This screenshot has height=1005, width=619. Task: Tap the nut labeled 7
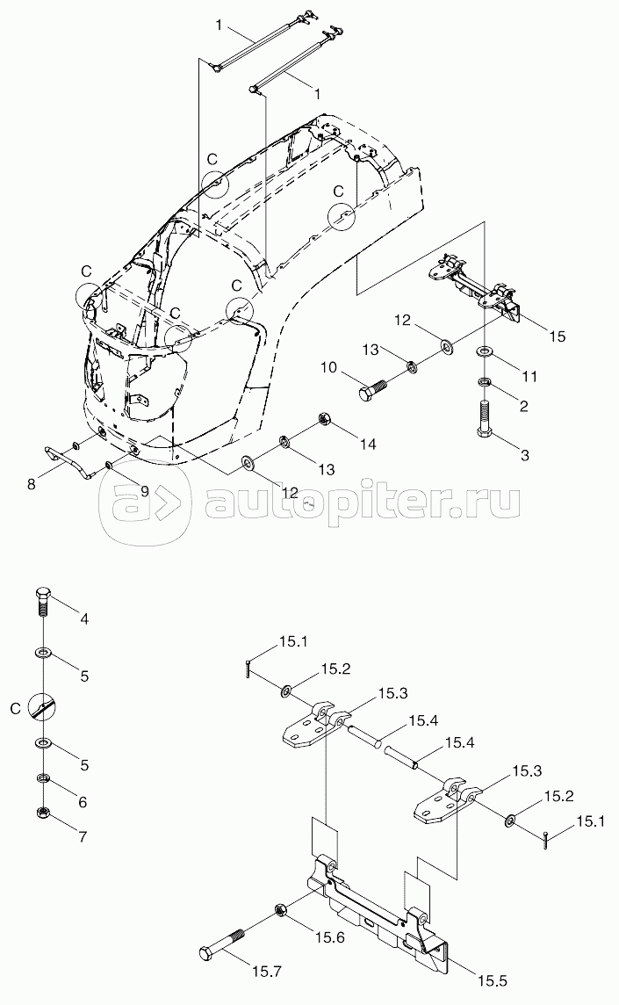pos(42,813)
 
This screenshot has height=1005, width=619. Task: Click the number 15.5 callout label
pos(493,981)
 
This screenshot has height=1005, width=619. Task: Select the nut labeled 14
pos(324,420)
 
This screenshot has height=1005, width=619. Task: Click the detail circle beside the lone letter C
pos(42,708)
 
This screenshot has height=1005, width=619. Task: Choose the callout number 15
pos(557,336)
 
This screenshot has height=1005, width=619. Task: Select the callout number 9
pos(144,491)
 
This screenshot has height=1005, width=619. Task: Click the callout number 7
pos(83,836)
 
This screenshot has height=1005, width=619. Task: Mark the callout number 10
pos(328,367)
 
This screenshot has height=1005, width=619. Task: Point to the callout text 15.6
pos(328,937)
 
